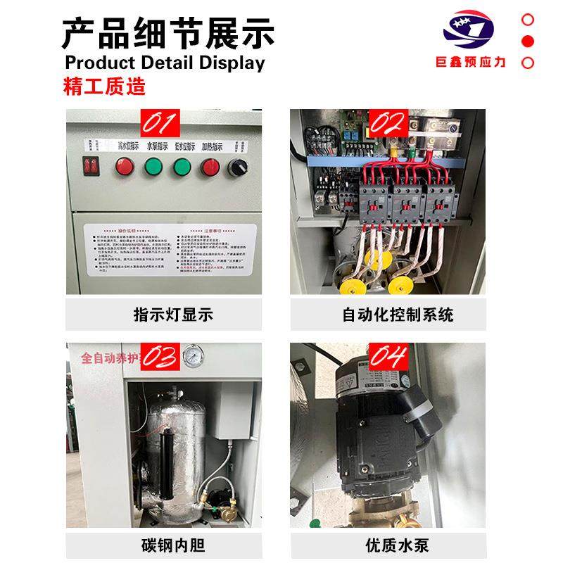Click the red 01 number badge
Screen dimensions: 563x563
click(x=160, y=125)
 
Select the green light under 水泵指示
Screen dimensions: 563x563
click(x=153, y=167)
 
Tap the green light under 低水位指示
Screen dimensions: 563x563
click(x=182, y=167)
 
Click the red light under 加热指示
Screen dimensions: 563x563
click(x=210, y=167)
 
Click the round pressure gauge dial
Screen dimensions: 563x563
click(x=190, y=355)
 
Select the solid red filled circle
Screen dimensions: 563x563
click(x=528, y=41)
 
